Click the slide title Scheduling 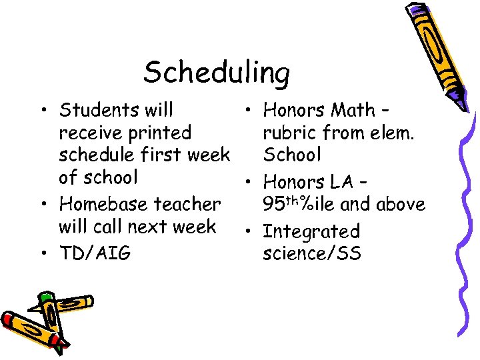[217, 72]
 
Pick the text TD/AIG [95, 253]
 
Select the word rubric [291, 133]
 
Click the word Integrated [311, 231]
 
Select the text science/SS [312, 253]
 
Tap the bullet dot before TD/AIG [43, 253]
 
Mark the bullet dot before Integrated [247, 231]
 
